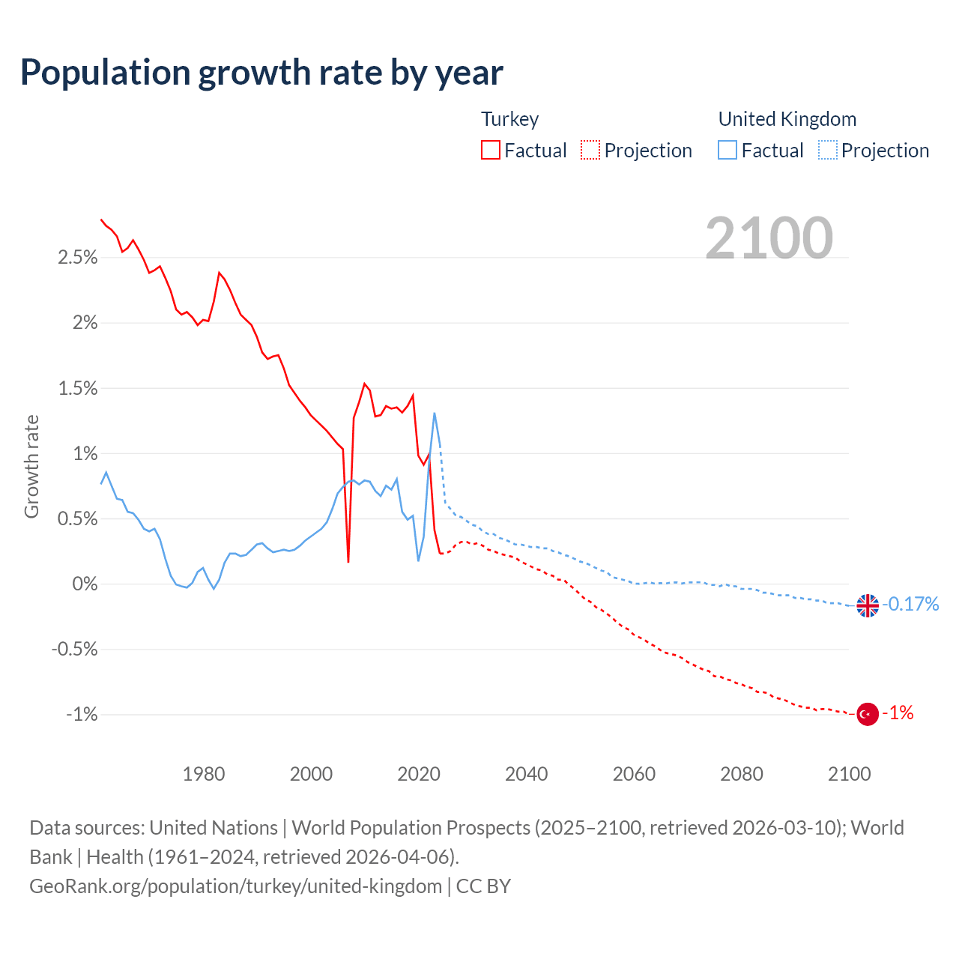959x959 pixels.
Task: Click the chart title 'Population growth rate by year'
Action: pos(261,73)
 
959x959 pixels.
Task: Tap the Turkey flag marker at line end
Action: pos(868,714)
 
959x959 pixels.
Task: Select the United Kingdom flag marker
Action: pos(868,605)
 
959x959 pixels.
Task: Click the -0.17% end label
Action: pos(910,604)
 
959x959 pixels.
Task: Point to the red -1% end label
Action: pos(898,713)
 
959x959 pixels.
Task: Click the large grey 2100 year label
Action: pos(769,238)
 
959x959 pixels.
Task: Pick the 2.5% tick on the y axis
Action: pos(78,258)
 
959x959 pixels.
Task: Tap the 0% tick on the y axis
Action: pos(85,584)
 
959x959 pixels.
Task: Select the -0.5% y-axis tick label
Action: pos(74,650)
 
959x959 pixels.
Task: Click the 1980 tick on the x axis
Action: pos(204,774)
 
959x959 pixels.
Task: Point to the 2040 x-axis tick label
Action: pos(527,774)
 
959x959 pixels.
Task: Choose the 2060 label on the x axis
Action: pos(634,774)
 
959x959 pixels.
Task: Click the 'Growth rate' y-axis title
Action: pos(31,466)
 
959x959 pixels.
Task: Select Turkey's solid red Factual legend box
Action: pos(491,151)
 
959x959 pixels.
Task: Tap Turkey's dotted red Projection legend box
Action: pos(590,151)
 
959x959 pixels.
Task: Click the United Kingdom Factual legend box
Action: pos(727,151)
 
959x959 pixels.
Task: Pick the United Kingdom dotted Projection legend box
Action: pos(828,151)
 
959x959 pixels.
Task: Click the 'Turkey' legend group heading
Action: pos(509,119)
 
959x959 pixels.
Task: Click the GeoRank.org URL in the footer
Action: pos(235,886)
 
